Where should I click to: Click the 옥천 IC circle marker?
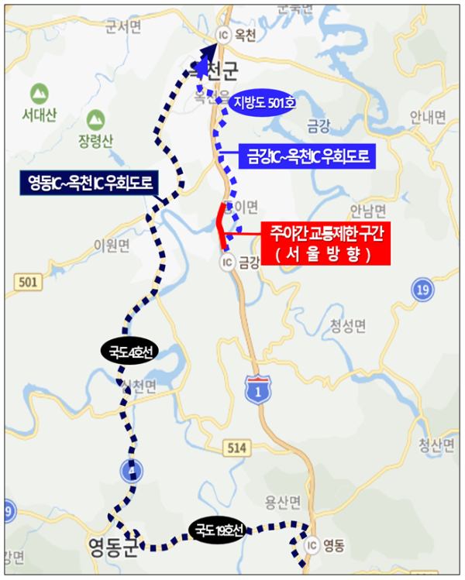pos(224,34)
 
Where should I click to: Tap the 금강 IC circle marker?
pos(227,262)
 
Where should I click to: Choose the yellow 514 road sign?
pos(236,447)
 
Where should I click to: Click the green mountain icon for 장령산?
pos(95,121)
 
